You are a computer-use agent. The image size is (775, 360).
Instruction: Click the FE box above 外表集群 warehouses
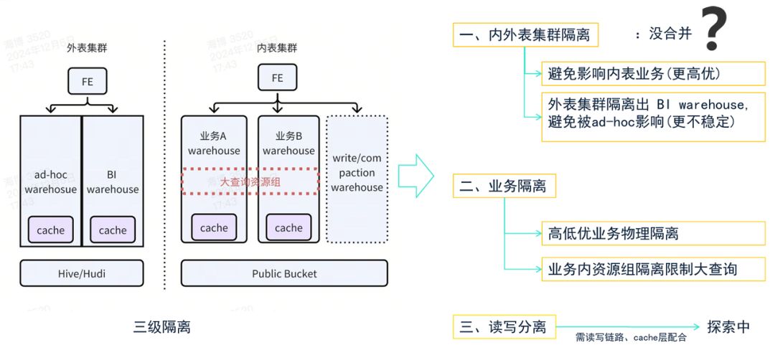point(87,81)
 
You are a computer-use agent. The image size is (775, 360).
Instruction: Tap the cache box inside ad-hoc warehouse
point(51,230)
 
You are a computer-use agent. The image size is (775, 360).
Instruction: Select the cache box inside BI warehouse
point(113,230)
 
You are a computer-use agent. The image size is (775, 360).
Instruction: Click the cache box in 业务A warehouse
point(214,228)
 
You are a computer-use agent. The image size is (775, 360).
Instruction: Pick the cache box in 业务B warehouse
point(288,228)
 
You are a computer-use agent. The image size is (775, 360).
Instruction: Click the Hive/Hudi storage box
point(82,273)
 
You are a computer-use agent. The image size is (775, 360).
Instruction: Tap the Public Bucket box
point(284,273)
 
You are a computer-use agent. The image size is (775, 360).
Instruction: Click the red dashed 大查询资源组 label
point(250,182)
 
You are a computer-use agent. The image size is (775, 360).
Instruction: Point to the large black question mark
point(715,29)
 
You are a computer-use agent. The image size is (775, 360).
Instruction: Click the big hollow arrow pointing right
point(416,174)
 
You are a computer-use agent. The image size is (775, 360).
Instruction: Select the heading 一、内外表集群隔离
point(526,34)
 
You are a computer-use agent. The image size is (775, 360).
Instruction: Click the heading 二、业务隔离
point(504,186)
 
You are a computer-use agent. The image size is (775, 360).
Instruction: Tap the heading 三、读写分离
point(504,327)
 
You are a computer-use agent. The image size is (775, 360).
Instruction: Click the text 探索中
point(728,327)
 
